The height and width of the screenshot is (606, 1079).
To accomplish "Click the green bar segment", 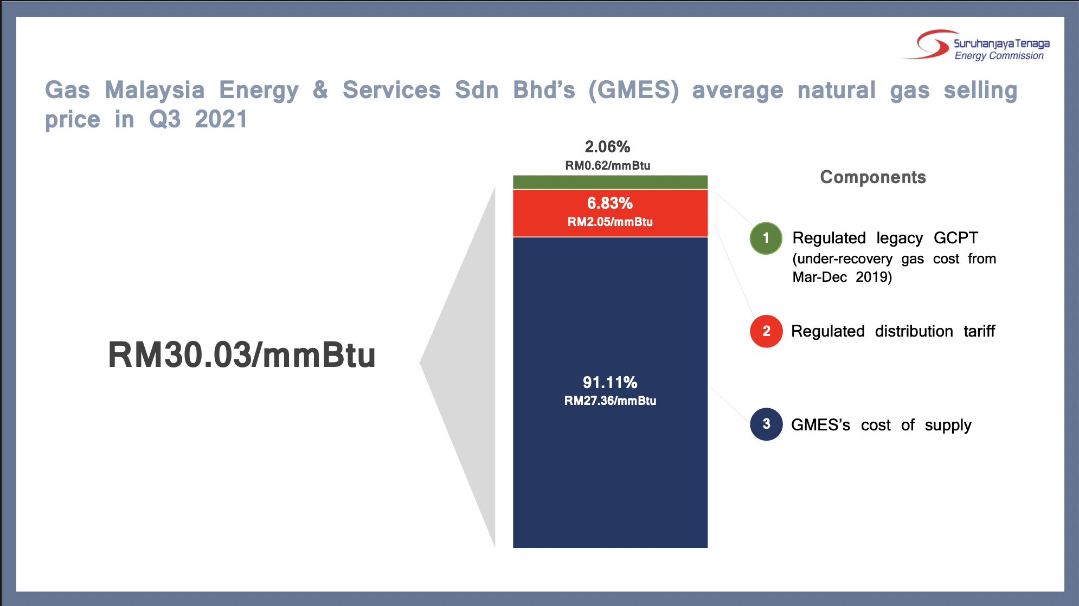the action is coord(610,182).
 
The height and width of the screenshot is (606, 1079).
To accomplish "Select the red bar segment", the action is coord(610,213).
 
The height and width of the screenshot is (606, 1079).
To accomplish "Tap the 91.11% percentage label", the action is coord(610,383).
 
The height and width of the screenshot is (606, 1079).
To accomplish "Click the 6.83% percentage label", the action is coord(610,203).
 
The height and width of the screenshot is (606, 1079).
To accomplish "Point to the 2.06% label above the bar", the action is coord(607,147).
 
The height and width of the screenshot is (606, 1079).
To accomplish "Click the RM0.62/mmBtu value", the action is coord(608,166).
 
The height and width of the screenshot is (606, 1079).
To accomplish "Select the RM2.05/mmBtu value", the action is coord(610,222).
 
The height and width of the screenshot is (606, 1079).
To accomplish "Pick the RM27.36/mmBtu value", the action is coord(610,401).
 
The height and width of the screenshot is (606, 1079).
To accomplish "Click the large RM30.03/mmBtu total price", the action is coord(242,355).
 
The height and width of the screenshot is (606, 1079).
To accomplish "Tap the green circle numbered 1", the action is coord(766,238).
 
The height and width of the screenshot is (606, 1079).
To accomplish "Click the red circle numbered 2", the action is coord(766,331).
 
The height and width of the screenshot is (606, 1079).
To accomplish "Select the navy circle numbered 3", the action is coord(766,424).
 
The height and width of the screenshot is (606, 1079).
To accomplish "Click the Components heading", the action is coord(873,177).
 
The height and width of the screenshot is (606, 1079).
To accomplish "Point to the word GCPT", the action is coord(956,238).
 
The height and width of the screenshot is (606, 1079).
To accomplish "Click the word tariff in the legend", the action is coord(979,331).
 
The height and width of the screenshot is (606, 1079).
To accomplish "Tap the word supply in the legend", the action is coord(948,426).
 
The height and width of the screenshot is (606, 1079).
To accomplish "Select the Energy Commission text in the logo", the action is coord(999,56).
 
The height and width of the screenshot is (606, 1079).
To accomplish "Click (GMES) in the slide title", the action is coord(634,91).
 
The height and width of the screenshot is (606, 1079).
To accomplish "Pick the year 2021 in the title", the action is coord(221,119).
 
